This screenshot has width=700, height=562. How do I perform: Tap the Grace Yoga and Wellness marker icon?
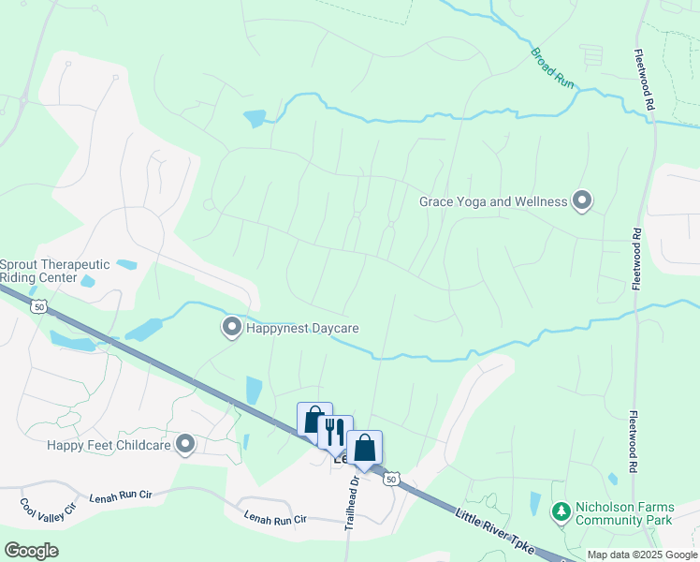[582, 201]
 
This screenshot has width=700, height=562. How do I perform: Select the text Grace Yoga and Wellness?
[493, 201]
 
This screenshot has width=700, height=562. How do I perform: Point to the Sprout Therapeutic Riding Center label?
[55, 271]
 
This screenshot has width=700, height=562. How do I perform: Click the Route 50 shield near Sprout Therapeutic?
[38, 306]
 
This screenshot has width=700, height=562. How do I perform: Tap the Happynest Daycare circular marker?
[231, 328]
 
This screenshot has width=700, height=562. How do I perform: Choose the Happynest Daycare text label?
[302, 328]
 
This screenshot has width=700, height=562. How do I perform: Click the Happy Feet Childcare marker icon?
[185, 445]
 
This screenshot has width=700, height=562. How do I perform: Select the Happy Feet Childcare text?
[109, 445]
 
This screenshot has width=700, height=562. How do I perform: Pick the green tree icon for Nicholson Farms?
[561, 512]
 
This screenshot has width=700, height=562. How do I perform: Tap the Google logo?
[31, 551]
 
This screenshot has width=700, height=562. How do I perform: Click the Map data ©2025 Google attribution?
[642, 555]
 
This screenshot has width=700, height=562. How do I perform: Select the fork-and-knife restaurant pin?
[335, 433]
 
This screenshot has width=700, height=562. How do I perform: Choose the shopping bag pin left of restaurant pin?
[314, 420]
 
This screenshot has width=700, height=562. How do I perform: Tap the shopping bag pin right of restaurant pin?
[364, 447]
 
